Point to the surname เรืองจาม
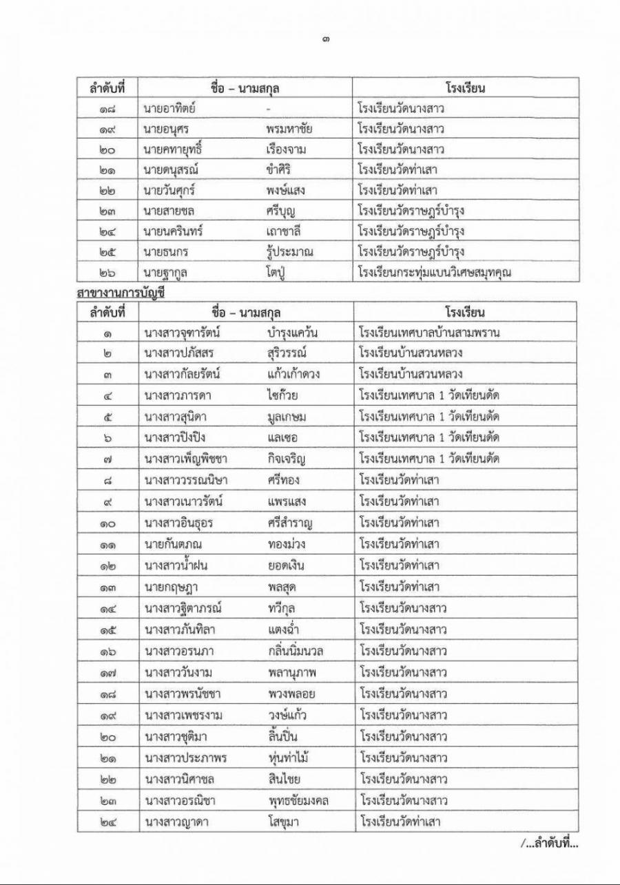point(290,149)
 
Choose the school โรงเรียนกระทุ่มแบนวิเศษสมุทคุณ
point(434,273)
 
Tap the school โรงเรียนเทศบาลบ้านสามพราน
point(428,333)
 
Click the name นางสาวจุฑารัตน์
point(182,333)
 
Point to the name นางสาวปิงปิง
point(175,438)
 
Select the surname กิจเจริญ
point(288,459)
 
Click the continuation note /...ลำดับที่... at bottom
point(549,844)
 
